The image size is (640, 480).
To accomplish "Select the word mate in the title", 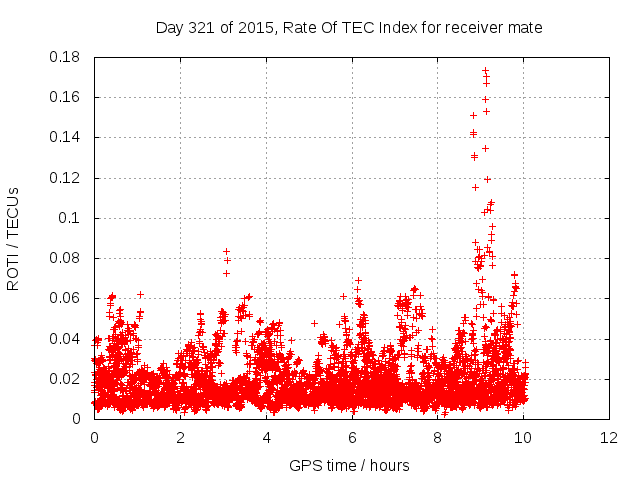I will (523, 27).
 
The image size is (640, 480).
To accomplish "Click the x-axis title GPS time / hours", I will (349, 465).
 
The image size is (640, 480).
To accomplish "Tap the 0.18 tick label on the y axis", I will (65, 57).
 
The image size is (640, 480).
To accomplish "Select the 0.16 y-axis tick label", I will (65, 97).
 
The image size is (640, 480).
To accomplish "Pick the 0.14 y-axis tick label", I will (65, 137).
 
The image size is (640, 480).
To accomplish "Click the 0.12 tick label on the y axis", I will (65, 178).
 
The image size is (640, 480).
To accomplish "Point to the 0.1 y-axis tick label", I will (70, 218).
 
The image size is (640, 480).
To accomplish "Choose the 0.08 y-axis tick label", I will (65, 258).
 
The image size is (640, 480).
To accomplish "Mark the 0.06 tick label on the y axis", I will (65, 298).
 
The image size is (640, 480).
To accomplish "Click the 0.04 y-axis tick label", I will (65, 338).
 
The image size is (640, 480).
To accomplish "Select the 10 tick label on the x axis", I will (524, 438).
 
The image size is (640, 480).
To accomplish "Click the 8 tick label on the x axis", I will (438, 438).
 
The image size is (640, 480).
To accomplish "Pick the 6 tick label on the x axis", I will (352, 438).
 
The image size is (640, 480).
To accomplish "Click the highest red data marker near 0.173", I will (485, 71).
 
